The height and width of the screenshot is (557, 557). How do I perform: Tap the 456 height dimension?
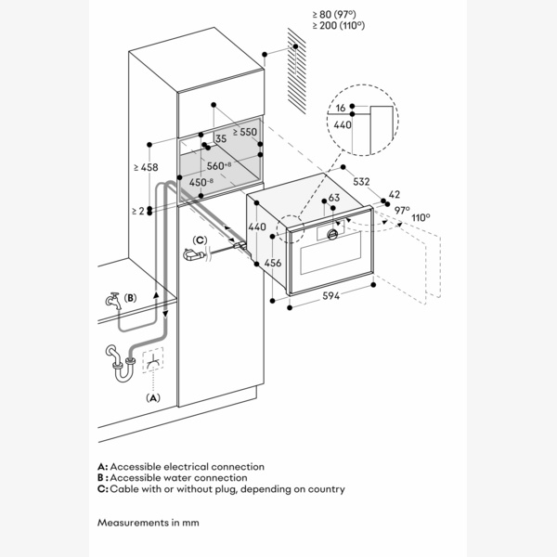[x=274, y=263]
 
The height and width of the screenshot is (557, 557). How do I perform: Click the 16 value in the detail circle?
[x=343, y=109]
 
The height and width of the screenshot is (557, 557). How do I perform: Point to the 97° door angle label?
[x=402, y=211]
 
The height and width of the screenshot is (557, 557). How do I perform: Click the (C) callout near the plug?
[x=200, y=240]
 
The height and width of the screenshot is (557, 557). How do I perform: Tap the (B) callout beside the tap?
[x=130, y=298]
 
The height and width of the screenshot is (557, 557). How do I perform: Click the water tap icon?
[x=111, y=302]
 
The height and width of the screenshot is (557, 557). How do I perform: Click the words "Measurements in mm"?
[x=148, y=523]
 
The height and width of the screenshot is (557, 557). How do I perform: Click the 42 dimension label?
[x=395, y=194]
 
